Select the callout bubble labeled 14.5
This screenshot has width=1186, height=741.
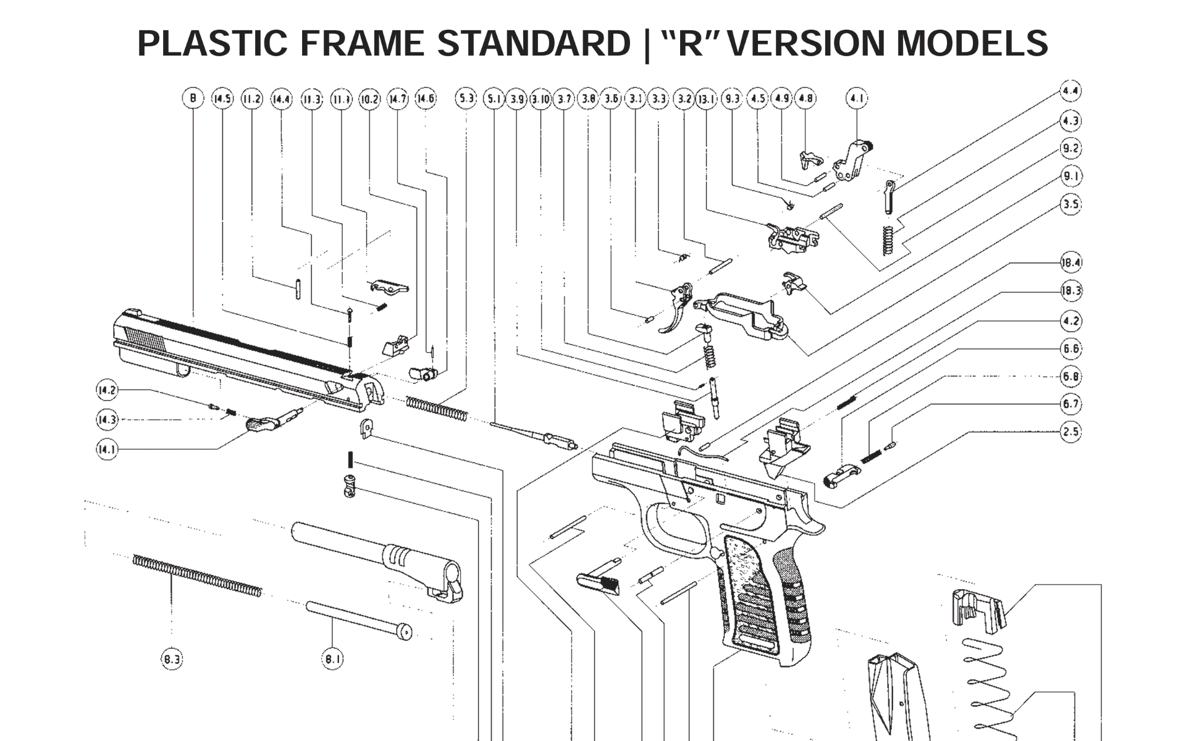(x=222, y=98)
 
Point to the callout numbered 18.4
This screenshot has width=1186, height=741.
(x=1071, y=262)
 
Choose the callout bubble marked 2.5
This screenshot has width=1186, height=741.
(x=1071, y=431)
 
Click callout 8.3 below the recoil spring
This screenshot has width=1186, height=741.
(x=172, y=659)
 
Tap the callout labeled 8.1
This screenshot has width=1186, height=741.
(x=332, y=659)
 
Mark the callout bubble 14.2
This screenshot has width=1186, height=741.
(x=107, y=390)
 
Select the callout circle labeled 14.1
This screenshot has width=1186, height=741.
(x=107, y=449)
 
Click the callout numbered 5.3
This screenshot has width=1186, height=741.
(x=466, y=98)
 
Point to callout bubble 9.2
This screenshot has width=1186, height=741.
(x=1071, y=148)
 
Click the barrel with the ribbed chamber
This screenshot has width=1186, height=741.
(x=377, y=556)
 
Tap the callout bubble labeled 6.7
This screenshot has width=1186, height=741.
(x=1071, y=404)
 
